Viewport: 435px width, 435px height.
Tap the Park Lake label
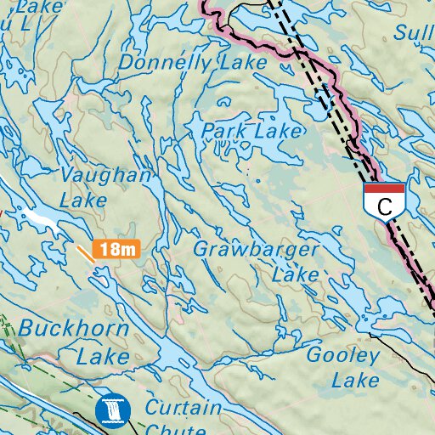(251, 132)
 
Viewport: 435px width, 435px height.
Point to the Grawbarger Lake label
(256, 262)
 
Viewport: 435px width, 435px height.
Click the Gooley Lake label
(342, 368)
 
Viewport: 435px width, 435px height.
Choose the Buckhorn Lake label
(74, 342)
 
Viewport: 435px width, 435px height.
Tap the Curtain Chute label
(182, 416)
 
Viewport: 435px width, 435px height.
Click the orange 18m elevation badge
(116, 249)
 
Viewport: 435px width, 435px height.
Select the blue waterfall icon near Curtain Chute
(110, 410)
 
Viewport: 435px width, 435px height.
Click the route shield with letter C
(384, 202)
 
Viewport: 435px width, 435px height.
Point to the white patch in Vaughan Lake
(42, 220)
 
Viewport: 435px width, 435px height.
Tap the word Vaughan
(106, 176)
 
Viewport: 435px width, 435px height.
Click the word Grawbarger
(256, 250)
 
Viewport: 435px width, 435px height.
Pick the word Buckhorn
(74, 329)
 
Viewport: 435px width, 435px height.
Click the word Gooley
(342, 356)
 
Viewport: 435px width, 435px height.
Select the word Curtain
(183, 408)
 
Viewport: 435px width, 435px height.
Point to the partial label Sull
(415, 33)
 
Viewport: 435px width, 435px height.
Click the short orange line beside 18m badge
(85, 252)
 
